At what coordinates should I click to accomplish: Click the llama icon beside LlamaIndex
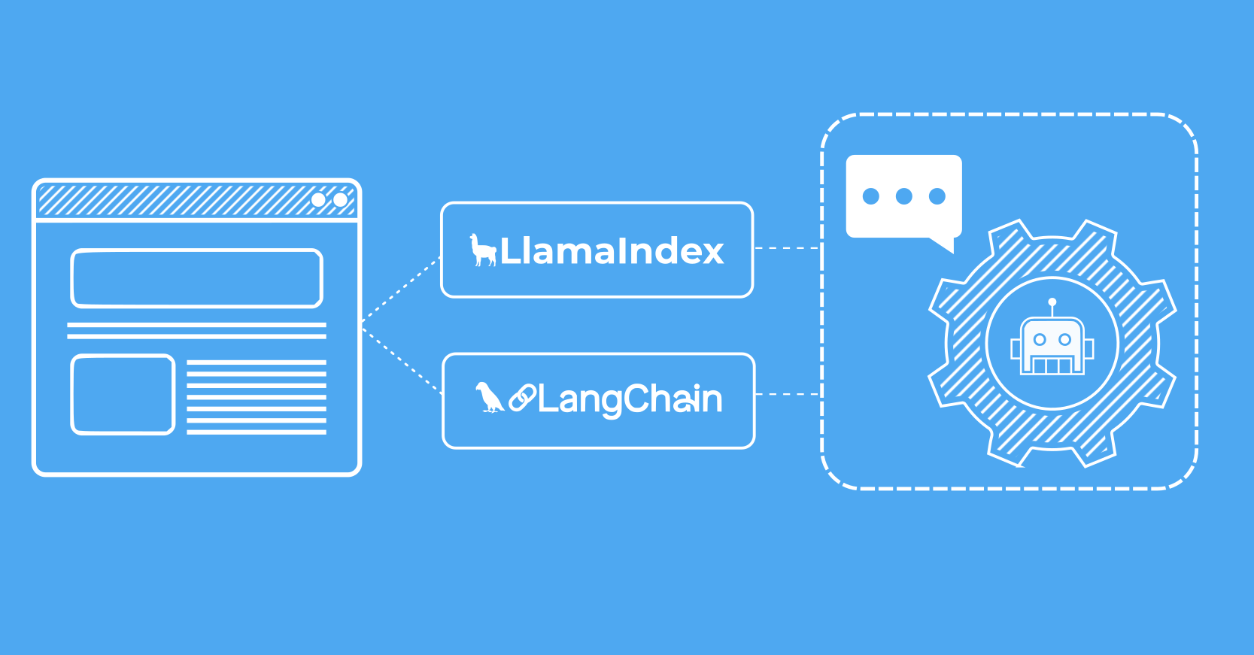(482, 250)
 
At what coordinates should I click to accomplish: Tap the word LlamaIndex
(612, 251)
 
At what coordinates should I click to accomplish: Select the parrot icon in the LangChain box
(489, 398)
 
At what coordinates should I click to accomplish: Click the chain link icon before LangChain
(522, 398)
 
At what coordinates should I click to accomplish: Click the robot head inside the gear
(1052, 345)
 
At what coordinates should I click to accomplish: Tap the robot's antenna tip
(1052, 302)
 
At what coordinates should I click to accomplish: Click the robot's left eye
(1040, 339)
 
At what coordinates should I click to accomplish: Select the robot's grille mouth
(1052, 365)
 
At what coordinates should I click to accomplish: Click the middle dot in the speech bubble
(904, 196)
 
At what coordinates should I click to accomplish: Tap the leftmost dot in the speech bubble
(871, 196)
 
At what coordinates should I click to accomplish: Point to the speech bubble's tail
(943, 244)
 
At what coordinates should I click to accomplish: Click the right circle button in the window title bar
(340, 200)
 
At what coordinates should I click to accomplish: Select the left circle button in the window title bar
(318, 200)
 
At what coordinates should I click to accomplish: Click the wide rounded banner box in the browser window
(196, 278)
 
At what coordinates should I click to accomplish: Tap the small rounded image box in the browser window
(123, 394)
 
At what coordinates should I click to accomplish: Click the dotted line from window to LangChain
(402, 361)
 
